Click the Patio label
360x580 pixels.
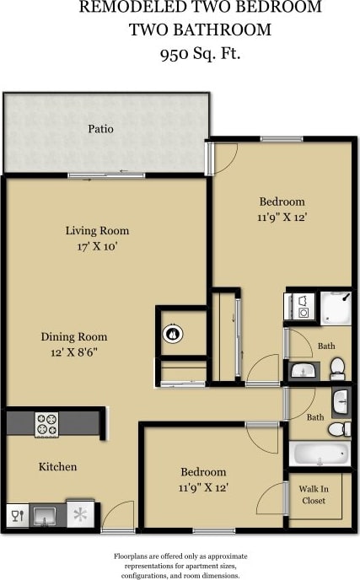[x=100, y=129]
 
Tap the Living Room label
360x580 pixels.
[x=97, y=230]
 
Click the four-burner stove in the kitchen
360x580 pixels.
[x=46, y=423]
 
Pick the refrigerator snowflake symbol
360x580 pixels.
[x=81, y=514]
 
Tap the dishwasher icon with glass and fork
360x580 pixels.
[x=17, y=514]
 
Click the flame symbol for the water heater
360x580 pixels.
[x=173, y=333]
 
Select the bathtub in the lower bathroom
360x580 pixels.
[x=320, y=454]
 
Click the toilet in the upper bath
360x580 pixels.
[x=337, y=368]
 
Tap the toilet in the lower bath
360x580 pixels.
[x=336, y=430]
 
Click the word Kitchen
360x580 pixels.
[x=57, y=466]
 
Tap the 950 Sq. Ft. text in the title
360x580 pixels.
[x=201, y=54]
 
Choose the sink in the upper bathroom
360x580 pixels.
[x=303, y=369]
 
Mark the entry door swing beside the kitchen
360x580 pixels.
[x=119, y=516]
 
